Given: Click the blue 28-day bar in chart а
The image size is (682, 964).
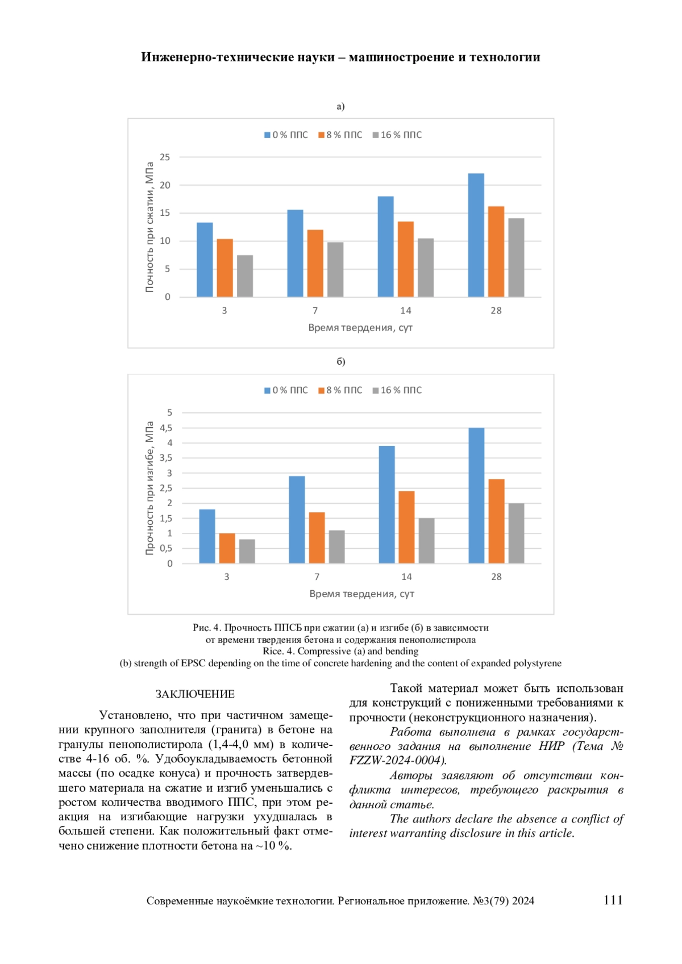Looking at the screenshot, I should pyautogui.click(x=476, y=235).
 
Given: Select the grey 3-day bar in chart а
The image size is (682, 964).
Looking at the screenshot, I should pyautogui.click(x=245, y=276).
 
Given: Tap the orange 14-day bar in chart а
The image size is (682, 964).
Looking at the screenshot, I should pyautogui.click(x=405, y=259).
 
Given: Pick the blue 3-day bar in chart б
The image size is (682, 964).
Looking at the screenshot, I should pyautogui.click(x=207, y=536).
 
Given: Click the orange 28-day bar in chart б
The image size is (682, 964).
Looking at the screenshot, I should pyautogui.click(x=496, y=521).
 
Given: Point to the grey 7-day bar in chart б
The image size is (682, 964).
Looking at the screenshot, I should pyautogui.click(x=336, y=546).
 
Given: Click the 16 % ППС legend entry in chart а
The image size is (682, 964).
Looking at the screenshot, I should pyautogui.click(x=397, y=135).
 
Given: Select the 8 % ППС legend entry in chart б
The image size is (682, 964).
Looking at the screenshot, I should pyautogui.click(x=340, y=390).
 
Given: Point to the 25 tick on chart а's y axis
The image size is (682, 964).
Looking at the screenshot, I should pyautogui.click(x=165, y=157).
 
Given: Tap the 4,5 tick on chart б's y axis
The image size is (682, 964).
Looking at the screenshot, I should pyautogui.click(x=166, y=428).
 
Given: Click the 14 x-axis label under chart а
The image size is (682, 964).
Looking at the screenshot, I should pyautogui.click(x=405, y=311).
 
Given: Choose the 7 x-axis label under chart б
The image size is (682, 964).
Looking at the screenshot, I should pyautogui.click(x=317, y=577).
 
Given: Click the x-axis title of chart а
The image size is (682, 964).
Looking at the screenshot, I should pyautogui.click(x=360, y=328).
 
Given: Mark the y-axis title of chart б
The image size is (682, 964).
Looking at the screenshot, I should pyautogui.click(x=149, y=488).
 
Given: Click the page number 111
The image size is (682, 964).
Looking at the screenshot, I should pyautogui.click(x=613, y=900).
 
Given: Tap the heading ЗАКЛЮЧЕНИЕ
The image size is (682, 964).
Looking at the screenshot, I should pyautogui.click(x=195, y=694).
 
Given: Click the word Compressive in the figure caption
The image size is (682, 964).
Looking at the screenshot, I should pyautogui.click(x=324, y=651).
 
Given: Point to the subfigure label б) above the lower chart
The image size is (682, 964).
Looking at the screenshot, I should pyautogui.click(x=341, y=361).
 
